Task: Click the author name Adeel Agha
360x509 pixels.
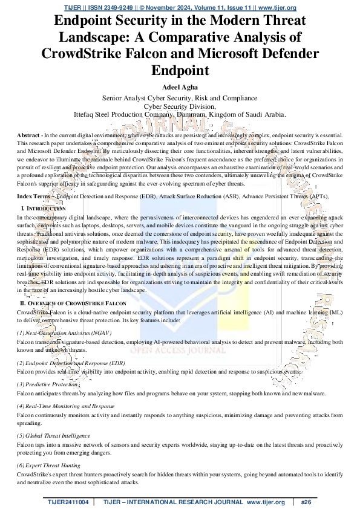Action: tap(180, 86)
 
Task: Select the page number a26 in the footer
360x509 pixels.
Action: tap(306, 502)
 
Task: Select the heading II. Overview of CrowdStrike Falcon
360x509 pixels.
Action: tap(73, 302)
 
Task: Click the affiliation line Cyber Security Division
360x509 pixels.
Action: tap(180, 105)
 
